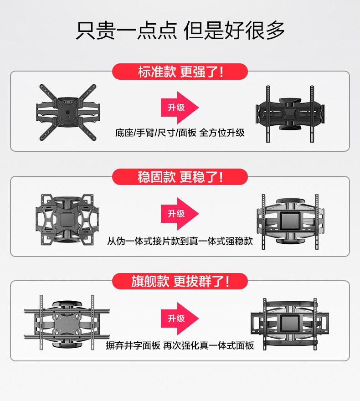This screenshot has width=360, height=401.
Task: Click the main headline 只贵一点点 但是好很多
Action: [x=180, y=31]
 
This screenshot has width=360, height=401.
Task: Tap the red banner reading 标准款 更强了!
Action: [x=180, y=72]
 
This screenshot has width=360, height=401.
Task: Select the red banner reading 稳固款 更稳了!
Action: [x=180, y=177]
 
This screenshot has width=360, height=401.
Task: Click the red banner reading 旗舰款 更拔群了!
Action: [x=180, y=282]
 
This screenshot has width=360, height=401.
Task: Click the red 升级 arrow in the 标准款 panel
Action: [x=179, y=108]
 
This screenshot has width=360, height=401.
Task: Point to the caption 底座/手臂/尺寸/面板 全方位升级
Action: [x=180, y=133]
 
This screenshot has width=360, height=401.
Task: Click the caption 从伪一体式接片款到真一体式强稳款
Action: [x=180, y=241]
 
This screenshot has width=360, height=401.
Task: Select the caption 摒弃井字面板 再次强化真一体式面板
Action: [x=180, y=345]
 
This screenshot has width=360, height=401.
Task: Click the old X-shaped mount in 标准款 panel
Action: [x=68, y=111]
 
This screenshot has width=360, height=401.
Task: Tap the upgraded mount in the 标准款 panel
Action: [x=291, y=111]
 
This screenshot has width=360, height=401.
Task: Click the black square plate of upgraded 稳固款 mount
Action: [x=290, y=221]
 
